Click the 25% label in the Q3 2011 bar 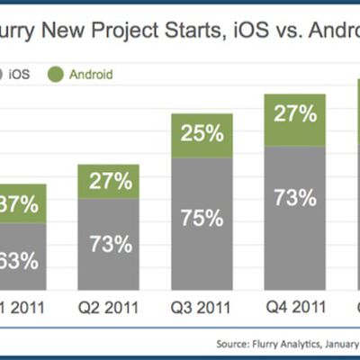point(201,135)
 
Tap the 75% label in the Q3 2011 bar point(201,218)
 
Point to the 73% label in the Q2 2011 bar point(110,243)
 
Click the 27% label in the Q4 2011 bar point(293,114)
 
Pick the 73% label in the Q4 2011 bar point(293,198)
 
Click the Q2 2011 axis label point(109,307)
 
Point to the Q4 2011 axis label point(292,307)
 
